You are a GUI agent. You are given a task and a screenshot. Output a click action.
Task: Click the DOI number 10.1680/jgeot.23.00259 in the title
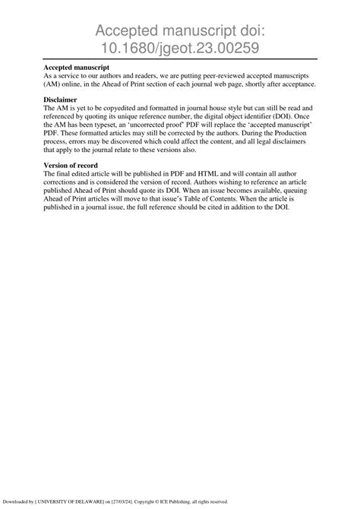[x=180, y=47]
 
